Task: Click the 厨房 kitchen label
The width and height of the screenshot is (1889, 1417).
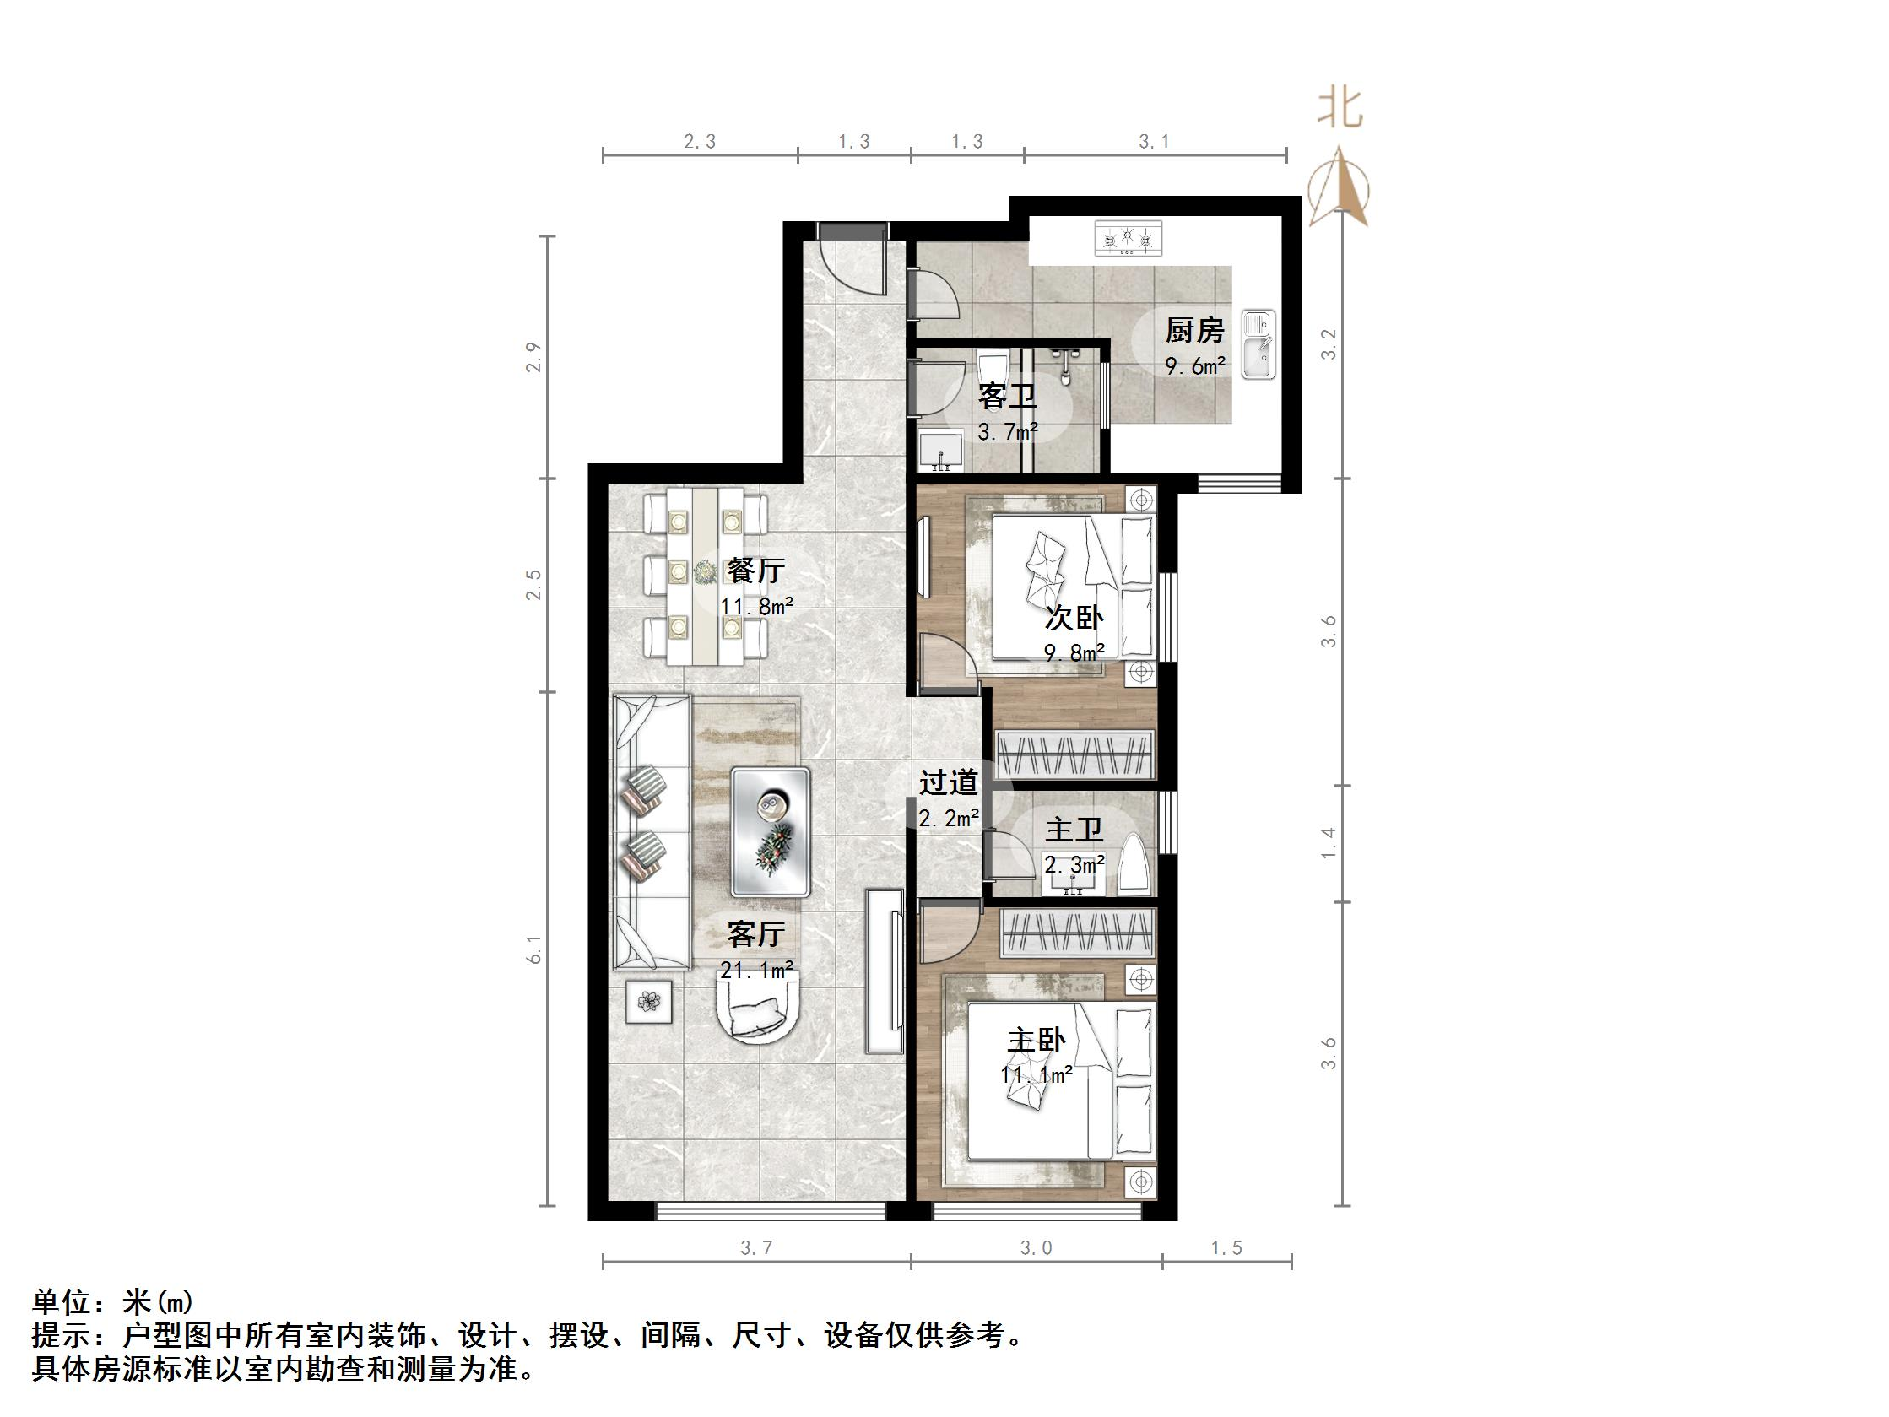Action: coord(1193,331)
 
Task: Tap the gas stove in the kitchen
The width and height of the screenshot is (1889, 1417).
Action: coord(1129,238)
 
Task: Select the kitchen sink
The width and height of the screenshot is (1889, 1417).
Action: coord(1258,344)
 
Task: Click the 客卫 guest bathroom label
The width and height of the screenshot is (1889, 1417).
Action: coord(1007,398)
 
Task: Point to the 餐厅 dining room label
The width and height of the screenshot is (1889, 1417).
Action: coord(755,571)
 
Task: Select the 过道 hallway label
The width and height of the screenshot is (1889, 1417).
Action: coord(948,782)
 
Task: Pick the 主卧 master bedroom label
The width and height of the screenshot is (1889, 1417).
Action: coord(1036,1041)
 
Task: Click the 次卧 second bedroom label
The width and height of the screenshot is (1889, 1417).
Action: coord(1074,618)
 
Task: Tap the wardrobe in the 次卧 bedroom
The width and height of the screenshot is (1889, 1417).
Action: coord(1074,755)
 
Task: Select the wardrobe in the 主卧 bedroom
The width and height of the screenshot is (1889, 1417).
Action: coord(1079,932)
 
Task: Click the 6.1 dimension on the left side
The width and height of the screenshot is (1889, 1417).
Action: coord(534,949)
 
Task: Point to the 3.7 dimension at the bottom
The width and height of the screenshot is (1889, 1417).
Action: coord(755,1249)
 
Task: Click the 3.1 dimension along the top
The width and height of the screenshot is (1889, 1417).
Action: coord(1154,142)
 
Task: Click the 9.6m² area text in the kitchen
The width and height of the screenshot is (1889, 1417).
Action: coord(1195,366)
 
